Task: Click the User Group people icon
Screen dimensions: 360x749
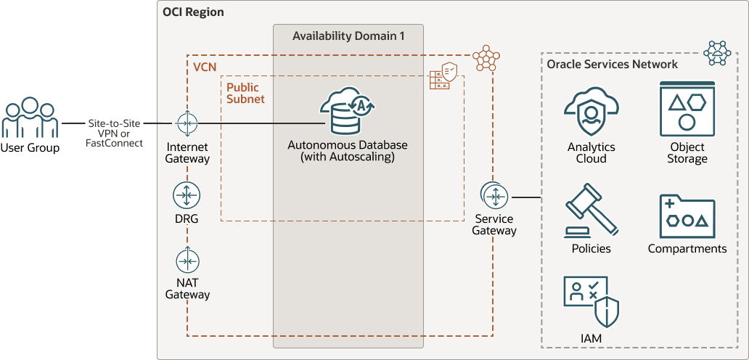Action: click(29, 118)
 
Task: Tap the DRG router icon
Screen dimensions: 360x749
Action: click(187, 195)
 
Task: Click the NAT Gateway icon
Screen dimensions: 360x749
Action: click(187, 261)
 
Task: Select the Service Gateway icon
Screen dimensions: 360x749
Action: click(494, 196)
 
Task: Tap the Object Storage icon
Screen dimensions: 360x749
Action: click(687, 109)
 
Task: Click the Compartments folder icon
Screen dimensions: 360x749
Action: click(687, 216)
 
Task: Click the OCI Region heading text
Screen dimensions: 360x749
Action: click(194, 12)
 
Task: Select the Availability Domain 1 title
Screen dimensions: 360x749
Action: click(348, 36)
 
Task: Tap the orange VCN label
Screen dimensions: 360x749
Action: click(205, 67)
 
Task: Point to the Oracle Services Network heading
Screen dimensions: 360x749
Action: click(612, 64)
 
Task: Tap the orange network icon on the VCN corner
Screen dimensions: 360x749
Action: click(486, 58)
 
